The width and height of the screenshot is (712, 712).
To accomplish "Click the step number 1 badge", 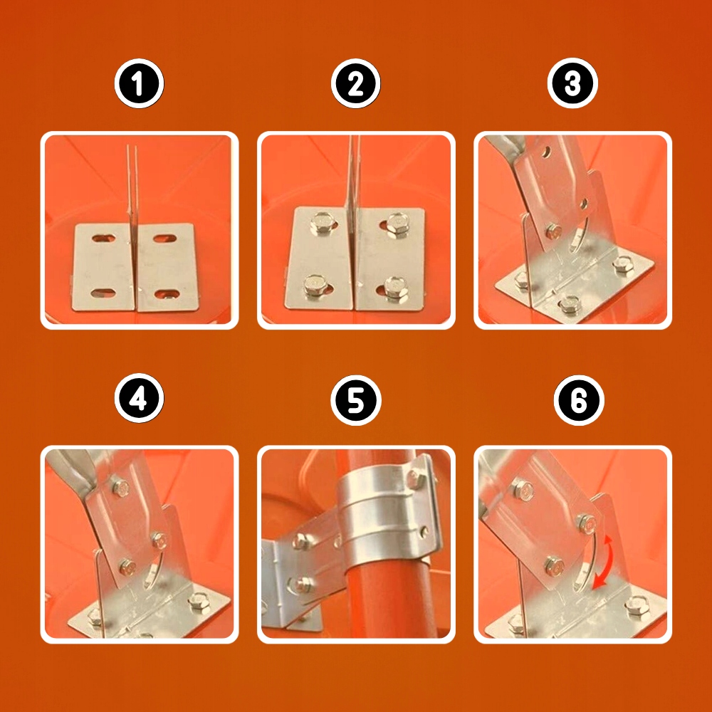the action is point(139,83).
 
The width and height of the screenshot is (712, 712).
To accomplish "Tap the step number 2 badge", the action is point(355,83).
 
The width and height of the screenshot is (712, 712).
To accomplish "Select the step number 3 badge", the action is point(572,83).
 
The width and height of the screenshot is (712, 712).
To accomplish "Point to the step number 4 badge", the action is point(139,398).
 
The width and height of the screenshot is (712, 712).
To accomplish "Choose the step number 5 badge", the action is point(355,400).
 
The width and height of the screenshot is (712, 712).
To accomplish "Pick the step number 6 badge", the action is point(578,400).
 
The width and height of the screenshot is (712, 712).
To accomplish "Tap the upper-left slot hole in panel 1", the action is point(103,238).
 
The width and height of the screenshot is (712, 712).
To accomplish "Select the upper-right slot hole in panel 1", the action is point(164,239).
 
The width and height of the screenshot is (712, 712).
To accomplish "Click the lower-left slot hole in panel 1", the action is point(103,293).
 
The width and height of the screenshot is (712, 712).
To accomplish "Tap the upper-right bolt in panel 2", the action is point(398,224).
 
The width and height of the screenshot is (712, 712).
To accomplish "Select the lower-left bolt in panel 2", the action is point(314,286).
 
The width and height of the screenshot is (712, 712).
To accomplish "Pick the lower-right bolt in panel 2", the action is point(395,287).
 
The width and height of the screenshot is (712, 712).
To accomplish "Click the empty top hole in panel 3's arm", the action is point(546,152).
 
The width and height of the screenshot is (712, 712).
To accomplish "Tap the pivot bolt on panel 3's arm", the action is point(553,231).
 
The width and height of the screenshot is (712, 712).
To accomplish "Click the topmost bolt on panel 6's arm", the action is point(523,488).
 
